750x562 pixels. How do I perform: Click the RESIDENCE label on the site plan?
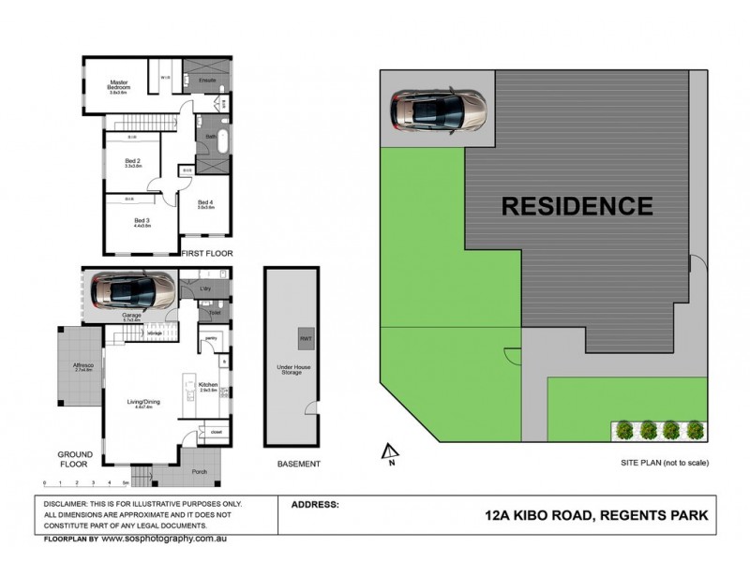pyautogui.click(x=577, y=205)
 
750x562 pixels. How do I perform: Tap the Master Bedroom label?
pyautogui.click(x=118, y=86)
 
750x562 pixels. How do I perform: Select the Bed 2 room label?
pyautogui.click(x=132, y=162)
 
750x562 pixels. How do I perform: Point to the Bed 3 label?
pyautogui.click(x=142, y=221)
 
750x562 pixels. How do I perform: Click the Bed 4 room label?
pyautogui.click(x=206, y=204)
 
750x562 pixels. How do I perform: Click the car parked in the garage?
pyautogui.click(x=130, y=288)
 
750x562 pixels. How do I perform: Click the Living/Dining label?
pyautogui.click(x=143, y=403)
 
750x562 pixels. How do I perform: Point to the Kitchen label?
pyautogui.click(x=208, y=384)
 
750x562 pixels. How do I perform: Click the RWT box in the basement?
pyautogui.click(x=306, y=337)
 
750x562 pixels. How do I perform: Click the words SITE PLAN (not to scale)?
pyautogui.click(x=664, y=463)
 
